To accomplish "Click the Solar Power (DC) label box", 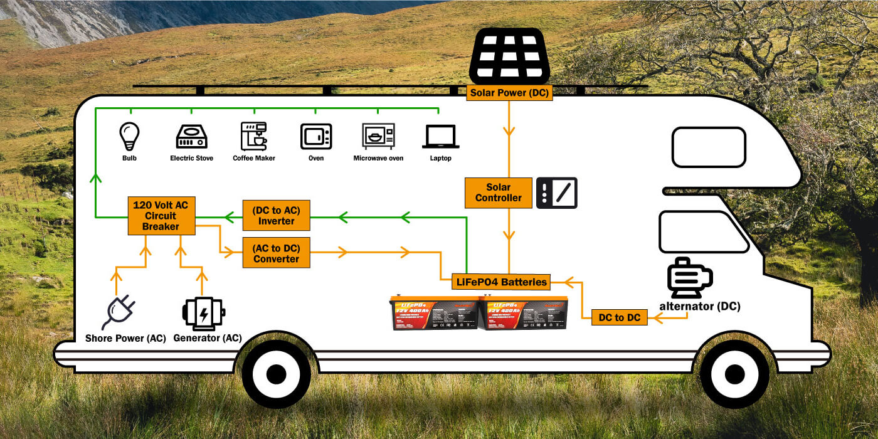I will click(510, 93).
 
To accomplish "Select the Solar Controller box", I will click(499, 193).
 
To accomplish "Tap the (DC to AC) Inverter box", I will click(276, 216).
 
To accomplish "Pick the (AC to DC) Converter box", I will click(276, 253).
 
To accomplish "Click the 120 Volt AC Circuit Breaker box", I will click(161, 216).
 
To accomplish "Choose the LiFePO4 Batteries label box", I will click(501, 282).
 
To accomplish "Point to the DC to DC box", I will click(619, 317).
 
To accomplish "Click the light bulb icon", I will click(129, 135).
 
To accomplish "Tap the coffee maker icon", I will click(253, 135).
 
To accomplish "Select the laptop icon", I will click(440, 137).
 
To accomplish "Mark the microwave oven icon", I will click(378, 136).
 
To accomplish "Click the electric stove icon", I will click(191, 136).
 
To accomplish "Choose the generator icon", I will click(203, 312).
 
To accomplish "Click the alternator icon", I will click(689, 278).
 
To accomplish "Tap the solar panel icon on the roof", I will click(509, 56).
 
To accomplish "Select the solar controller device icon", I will click(556, 193).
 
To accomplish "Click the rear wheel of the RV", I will click(276, 374).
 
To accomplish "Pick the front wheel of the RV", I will click(734, 374).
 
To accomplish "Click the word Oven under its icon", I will click(316, 158).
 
